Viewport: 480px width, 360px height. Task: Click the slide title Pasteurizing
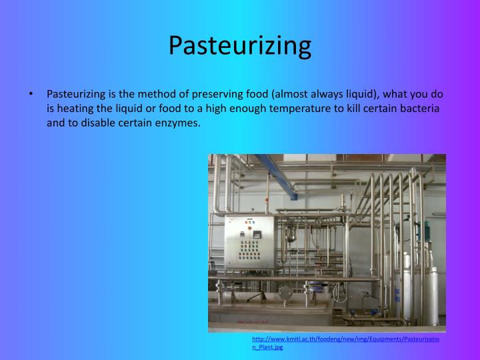(x=239, y=45)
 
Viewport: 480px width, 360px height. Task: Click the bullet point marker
(x=31, y=95)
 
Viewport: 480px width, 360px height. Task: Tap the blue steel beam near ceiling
(x=274, y=170)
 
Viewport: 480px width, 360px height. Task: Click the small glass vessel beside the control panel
(x=291, y=235)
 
